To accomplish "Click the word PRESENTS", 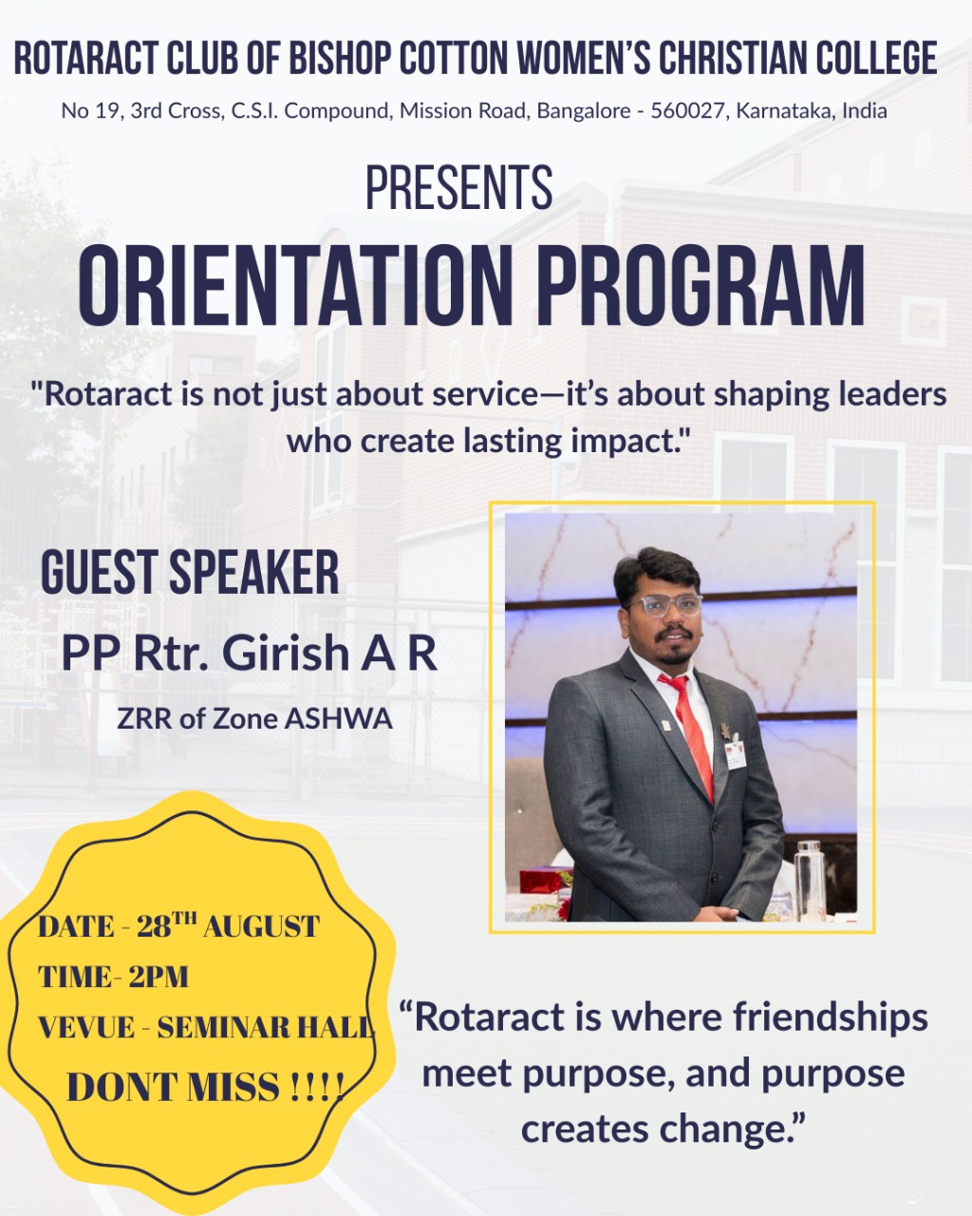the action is click(x=459, y=187).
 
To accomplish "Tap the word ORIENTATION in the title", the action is click(x=295, y=285).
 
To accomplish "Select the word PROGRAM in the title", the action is click(x=701, y=285).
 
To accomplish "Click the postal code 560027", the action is click(x=687, y=111).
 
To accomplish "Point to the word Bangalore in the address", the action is click(x=584, y=111).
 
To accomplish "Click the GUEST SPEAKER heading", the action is click(x=190, y=572).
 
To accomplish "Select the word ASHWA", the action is click(x=338, y=719).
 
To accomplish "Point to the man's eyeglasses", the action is click(x=665, y=606).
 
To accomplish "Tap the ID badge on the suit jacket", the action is click(x=736, y=755).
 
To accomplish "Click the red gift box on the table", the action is click(x=543, y=882).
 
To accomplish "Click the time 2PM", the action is click(x=159, y=977).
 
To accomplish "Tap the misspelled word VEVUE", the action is click(x=85, y=1027).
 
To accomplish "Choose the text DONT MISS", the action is click(x=173, y=1086).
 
